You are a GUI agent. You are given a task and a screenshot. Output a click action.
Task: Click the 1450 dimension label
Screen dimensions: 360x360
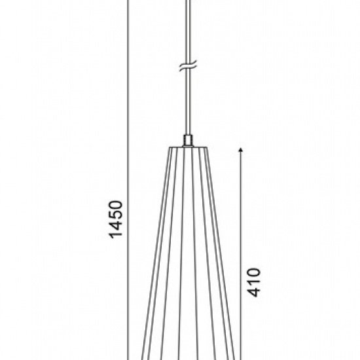116,219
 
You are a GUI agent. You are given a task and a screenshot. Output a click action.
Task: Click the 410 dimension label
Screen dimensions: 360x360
254,282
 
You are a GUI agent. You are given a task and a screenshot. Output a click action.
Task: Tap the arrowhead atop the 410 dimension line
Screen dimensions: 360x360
241,150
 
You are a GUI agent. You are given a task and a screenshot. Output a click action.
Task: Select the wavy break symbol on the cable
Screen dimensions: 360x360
188,66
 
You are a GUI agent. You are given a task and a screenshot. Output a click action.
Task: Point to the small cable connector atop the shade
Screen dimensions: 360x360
188,141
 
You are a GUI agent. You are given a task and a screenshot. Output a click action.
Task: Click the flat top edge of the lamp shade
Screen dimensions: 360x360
189,147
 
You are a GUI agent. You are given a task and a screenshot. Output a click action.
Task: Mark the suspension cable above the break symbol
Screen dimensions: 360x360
188,31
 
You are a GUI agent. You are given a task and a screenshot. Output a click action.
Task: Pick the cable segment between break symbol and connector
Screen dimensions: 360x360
188,101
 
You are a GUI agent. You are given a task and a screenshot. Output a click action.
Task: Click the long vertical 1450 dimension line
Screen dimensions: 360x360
128,180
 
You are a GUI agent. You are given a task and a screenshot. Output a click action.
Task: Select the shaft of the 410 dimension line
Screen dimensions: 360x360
241,255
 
